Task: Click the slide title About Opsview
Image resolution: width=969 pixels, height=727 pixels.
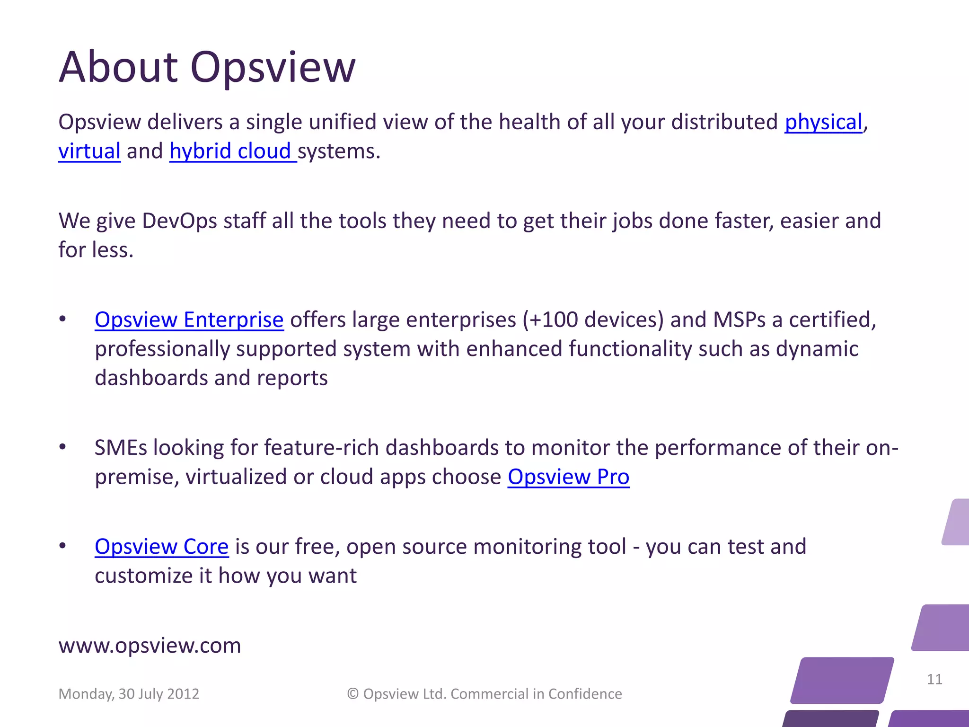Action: [207, 68]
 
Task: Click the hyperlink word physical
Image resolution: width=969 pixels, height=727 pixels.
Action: [823, 122]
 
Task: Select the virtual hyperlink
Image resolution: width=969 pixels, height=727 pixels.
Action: [89, 151]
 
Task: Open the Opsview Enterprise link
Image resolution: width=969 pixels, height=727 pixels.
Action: [189, 320]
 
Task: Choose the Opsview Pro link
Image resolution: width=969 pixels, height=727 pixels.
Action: [568, 477]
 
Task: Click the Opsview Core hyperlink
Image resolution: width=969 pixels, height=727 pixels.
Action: [162, 547]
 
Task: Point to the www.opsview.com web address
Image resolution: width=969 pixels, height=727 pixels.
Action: [150, 646]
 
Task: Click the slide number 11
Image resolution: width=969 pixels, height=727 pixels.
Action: [934, 680]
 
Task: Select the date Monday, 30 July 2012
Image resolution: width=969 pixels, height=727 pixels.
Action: [129, 694]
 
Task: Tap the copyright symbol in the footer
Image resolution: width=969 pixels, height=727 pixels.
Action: [353, 694]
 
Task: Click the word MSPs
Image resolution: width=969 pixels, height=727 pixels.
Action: [740, 320]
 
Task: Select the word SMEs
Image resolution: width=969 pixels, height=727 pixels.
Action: [121, 448]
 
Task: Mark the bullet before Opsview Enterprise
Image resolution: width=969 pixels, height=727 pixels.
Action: [62, 319]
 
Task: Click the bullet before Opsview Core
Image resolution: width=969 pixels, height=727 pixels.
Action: [62, 546]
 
